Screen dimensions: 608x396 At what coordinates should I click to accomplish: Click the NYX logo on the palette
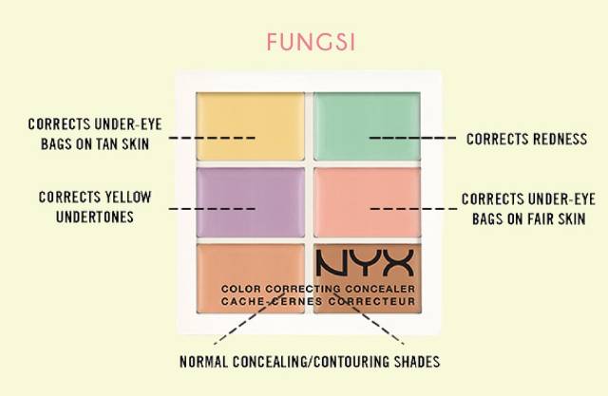pos(366,262)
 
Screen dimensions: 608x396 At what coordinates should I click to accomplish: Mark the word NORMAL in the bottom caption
pos(207,362)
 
